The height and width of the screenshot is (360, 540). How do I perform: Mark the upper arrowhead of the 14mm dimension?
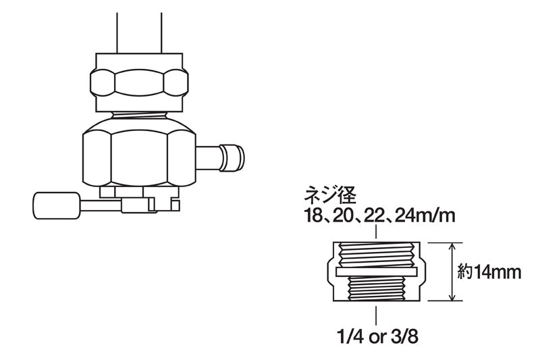click(x=452, y=246)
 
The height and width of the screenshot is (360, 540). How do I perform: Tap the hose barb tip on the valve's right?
click(x=234, y=157)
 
